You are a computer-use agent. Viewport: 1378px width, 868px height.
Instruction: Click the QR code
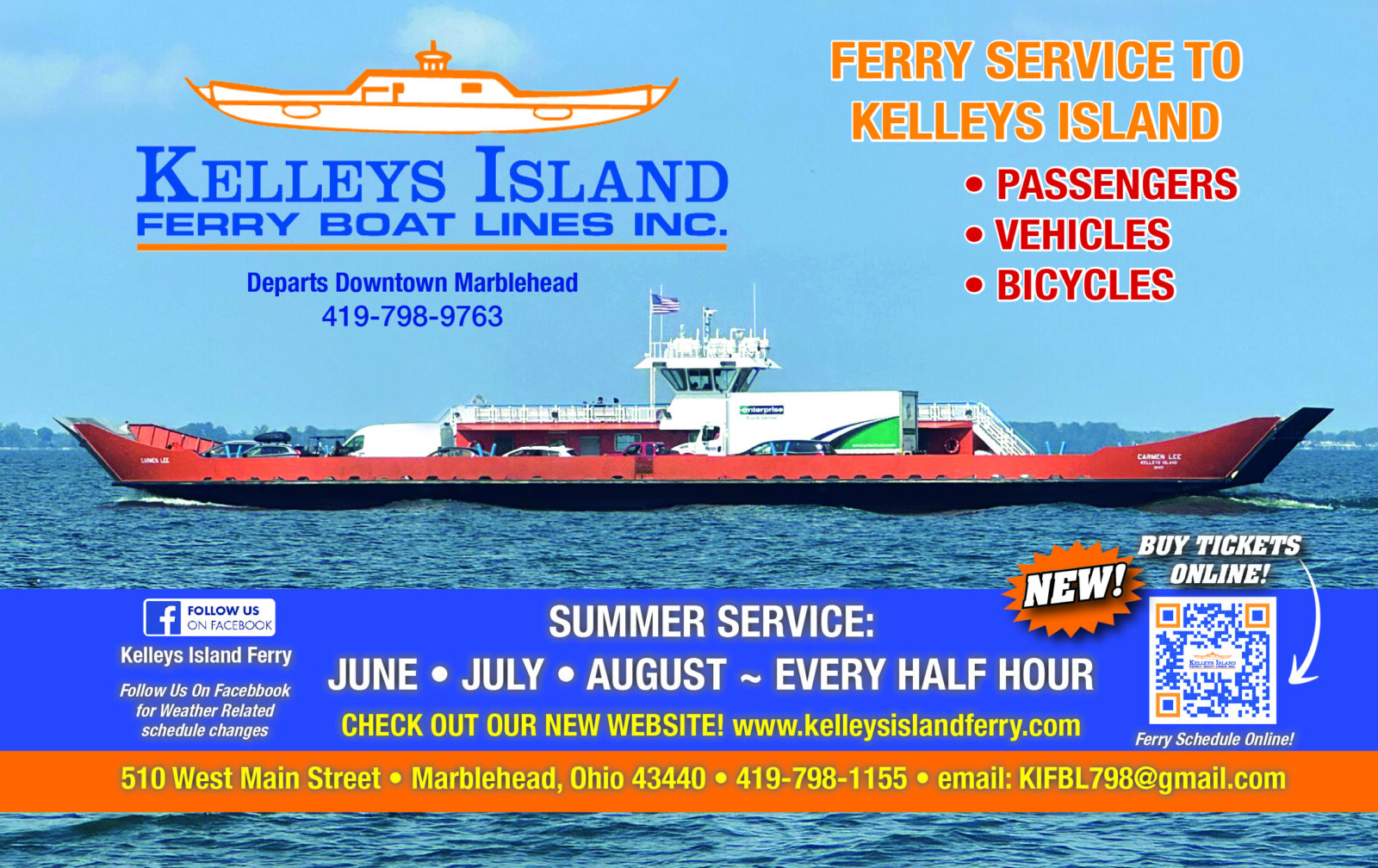(x=1213, y=660)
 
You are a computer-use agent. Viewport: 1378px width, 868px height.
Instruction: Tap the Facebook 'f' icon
(x=163, y=617)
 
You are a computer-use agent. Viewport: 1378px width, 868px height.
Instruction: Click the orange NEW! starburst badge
(x=1073, y=588)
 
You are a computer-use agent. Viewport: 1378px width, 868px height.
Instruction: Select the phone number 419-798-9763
(x=413, y=316)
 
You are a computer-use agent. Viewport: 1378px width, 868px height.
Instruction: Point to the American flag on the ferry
(x=665, y=303)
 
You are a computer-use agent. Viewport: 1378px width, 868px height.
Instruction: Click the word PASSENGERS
(x=1117, y=184)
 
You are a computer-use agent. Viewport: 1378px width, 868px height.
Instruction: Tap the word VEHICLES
(x=1083, y=234)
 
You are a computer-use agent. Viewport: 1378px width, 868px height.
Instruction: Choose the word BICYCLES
(x=1086, y=285)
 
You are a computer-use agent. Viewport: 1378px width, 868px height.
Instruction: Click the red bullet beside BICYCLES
(x=974, y=285)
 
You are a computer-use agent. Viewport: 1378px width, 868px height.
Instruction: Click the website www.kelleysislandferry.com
(x=906, y=726)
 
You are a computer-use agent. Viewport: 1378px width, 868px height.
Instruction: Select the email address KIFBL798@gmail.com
(x=1152, y=778)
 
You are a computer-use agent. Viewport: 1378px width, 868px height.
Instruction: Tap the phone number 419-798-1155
(x=822, y=778)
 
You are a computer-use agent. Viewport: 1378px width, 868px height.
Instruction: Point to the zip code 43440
(x=668, y=778)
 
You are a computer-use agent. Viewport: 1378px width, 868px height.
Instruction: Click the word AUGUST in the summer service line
(x=656, y=674)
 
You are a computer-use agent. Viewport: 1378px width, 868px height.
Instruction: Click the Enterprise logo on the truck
(x=761, y=410)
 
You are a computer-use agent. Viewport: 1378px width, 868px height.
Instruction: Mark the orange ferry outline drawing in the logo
(x=431, y=89)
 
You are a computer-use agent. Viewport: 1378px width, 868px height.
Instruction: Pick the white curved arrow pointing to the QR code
(x=1313, y=622)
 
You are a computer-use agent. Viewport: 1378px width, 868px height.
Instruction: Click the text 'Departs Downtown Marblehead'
(x=413, y=283)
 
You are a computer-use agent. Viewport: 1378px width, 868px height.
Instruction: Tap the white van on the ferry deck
(x=394, y=439)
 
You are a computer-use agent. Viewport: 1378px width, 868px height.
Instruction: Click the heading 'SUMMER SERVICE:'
(x=711, y=622)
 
